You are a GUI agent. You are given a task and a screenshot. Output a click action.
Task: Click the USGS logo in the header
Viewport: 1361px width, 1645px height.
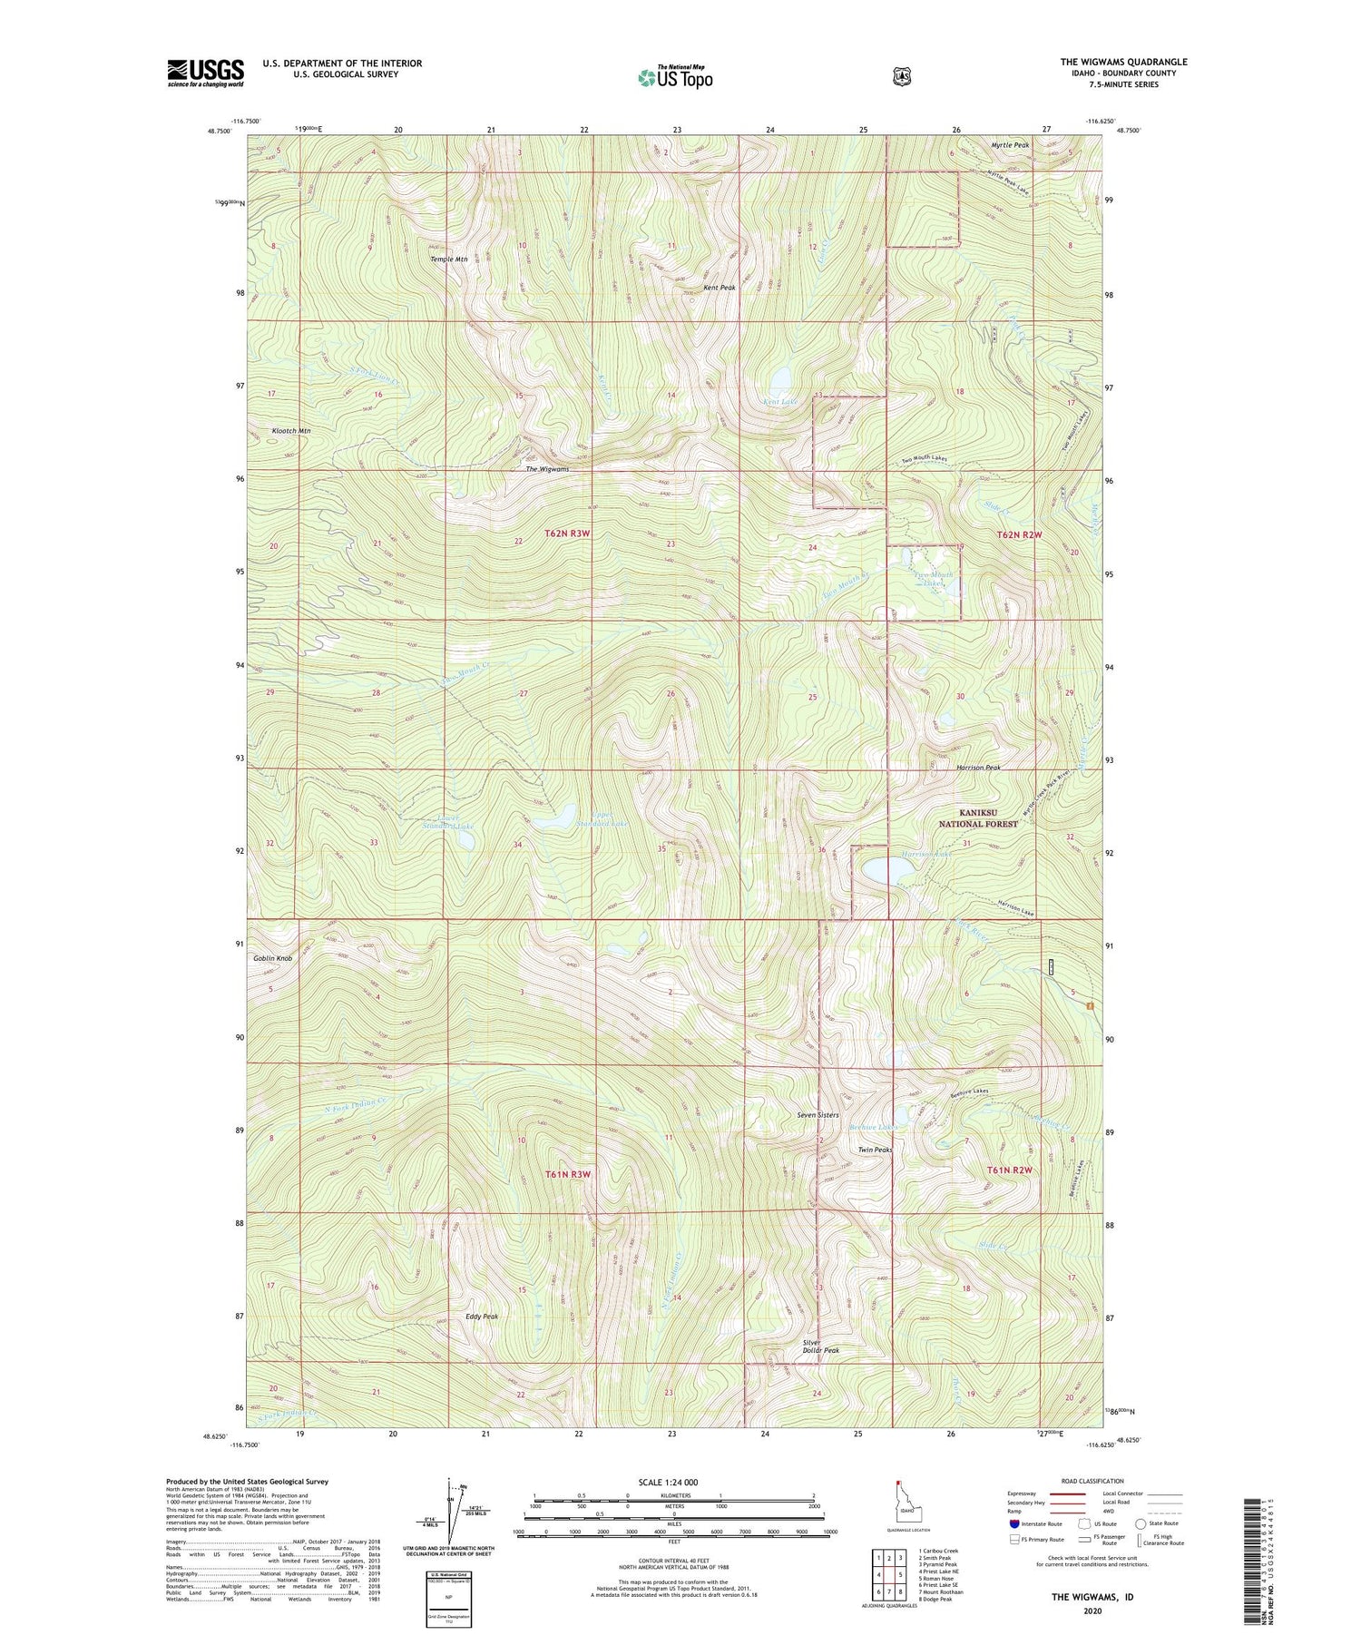pos(205,73)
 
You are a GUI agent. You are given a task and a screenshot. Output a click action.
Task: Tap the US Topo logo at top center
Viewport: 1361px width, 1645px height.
pos(675,77)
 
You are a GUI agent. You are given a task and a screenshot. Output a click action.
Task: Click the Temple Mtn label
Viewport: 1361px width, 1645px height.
pos(448,259)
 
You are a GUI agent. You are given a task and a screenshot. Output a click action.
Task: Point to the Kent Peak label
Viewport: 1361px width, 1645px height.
pos(720,288)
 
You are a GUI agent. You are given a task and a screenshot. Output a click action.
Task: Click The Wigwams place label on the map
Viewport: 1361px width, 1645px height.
pos(547,469)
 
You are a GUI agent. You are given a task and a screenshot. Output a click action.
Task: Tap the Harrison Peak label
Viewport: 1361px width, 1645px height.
pos(978,768)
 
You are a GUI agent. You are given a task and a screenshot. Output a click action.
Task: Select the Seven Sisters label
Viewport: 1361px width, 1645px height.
pos(818,1115)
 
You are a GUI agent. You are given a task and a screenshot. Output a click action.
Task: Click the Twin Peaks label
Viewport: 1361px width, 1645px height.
pos(875,1150)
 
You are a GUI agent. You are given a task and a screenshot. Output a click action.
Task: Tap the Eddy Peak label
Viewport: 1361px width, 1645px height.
pos(482,1316)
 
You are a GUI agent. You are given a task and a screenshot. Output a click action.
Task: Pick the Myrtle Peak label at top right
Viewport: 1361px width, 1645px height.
pos(1010,145)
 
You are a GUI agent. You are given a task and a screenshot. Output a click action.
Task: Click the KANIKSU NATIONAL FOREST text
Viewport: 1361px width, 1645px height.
pos(978,818)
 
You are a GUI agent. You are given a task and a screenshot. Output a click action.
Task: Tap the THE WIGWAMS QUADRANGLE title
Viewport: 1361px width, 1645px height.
pos(1123,62)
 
